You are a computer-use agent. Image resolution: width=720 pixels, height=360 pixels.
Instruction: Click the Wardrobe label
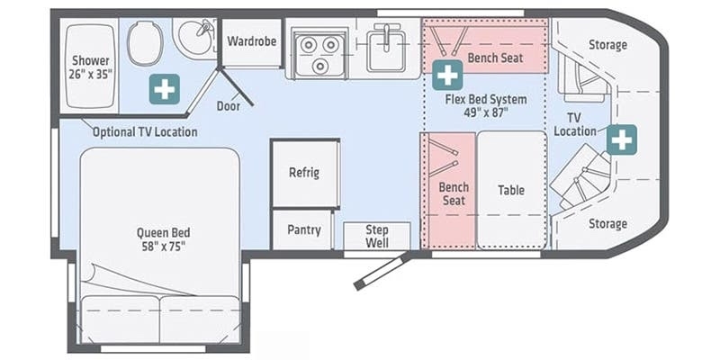click(x=252, y=41)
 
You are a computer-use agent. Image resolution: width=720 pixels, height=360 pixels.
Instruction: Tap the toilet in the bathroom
click(x=145, y=44)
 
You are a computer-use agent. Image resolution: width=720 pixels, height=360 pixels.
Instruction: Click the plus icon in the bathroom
click(x=164, y=89)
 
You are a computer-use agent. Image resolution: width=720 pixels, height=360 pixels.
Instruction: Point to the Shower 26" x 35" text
click(x=91, y=67)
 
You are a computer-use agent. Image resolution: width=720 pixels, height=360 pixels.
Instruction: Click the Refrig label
click(x=304, y=173)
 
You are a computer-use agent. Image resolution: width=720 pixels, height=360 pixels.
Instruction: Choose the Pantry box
click(x=302, y=230)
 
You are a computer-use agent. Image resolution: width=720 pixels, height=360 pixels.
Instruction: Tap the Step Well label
click(x=377, y=236)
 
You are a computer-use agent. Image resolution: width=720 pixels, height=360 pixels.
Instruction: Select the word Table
click(x=511, y=190)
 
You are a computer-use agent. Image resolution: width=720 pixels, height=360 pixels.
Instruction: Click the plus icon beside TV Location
click(x=622, y=139)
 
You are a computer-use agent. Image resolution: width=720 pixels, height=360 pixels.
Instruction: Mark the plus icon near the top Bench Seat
click(x=447, y=75)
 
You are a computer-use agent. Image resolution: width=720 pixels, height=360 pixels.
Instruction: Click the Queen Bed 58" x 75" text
click(x=164, y=239)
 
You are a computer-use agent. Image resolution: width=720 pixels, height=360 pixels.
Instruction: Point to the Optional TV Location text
click(x=145, y=132)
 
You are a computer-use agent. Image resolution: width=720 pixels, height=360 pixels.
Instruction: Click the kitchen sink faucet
click(x=387, y=33)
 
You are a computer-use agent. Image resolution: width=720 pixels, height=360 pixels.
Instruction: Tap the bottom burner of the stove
click(x=319, y=66)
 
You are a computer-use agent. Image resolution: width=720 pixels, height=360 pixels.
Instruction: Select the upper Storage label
click(x=607, y=45)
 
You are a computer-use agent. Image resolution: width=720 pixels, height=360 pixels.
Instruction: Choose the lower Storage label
click(x=607, y=223)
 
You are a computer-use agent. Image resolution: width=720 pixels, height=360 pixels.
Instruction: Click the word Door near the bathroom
click(x=229, y=106)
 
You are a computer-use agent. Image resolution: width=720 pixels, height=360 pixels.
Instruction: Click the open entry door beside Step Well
click(x=382, y=271)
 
